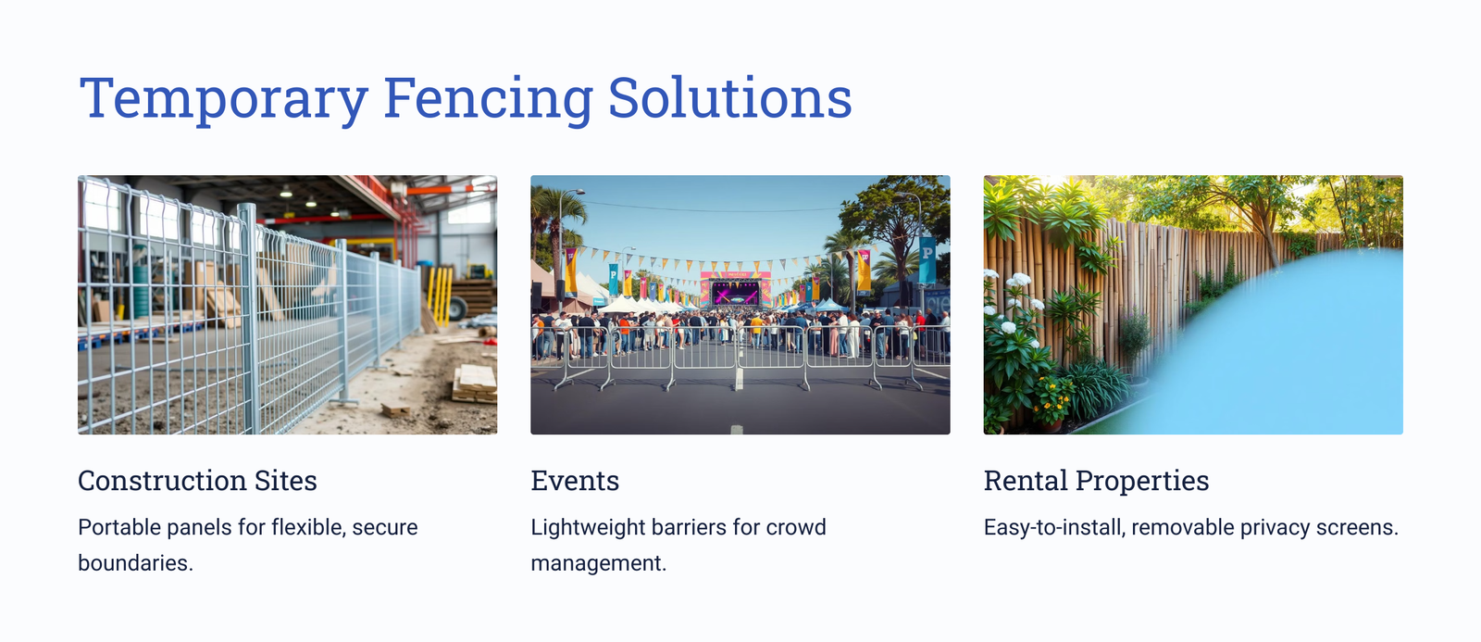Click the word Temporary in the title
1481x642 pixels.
(x=223, y=99)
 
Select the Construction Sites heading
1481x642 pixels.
(x=197, y=481)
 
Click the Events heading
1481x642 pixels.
(x=575, y=481)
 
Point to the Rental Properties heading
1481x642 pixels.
(x=1096, y=481)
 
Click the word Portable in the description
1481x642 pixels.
(x=119, y=527)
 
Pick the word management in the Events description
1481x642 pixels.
(x=598, y=563)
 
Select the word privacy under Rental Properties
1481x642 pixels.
(x=1275, y=528)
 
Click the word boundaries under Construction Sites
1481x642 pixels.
(x=135, y=562)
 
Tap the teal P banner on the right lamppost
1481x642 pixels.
(x=927, y=259)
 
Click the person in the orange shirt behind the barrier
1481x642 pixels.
(x=624, y=331)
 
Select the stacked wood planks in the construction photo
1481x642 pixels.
(x=475, y=384)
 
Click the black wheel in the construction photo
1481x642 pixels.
(x=457, y=308)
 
